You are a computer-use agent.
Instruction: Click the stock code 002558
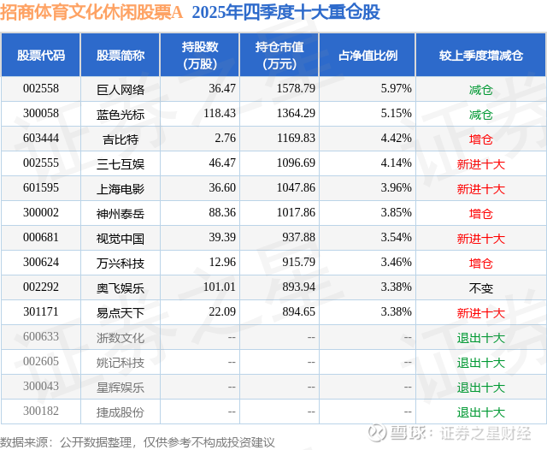pos(40,89)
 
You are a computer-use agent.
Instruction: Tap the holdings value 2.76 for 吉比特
pos(224,139)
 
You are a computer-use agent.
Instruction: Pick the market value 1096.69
pos(297,163)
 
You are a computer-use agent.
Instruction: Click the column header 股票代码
pos(40,56)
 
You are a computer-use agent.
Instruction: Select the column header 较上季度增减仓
pos(480,56)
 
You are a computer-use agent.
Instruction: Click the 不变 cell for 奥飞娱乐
pos(480,288)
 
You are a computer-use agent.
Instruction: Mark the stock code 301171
pos(40,313)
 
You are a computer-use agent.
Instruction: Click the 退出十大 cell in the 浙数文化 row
pos(480,338)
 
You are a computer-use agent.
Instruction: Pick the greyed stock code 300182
pos(41,412)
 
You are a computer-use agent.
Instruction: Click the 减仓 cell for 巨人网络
pos(480,89)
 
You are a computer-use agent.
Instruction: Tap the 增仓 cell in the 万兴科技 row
pos(480,263)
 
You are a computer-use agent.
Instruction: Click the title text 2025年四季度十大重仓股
pos(286,12)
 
